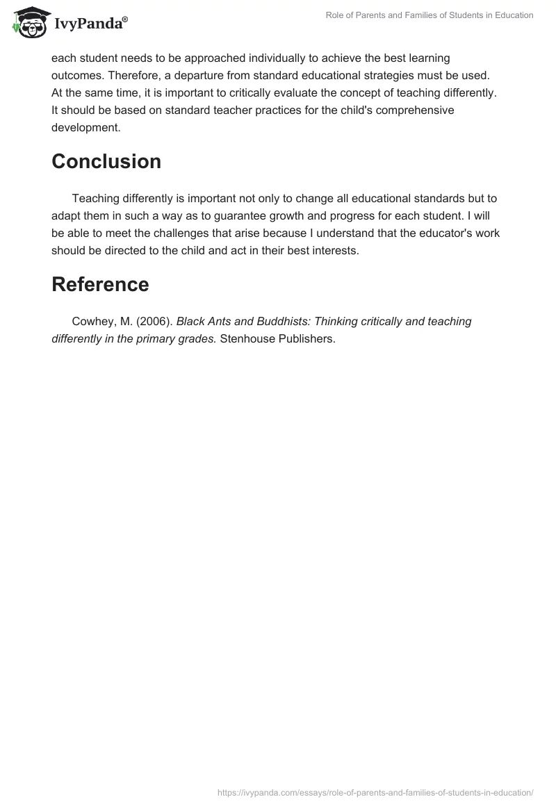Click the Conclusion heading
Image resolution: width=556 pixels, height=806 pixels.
[106, 161]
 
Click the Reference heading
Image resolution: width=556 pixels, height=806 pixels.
[100, 284]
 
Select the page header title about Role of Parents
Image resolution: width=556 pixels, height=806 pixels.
[430, 15]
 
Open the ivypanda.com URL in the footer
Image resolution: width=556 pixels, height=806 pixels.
[375, 792]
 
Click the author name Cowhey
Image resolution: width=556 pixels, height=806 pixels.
[93, 321]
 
